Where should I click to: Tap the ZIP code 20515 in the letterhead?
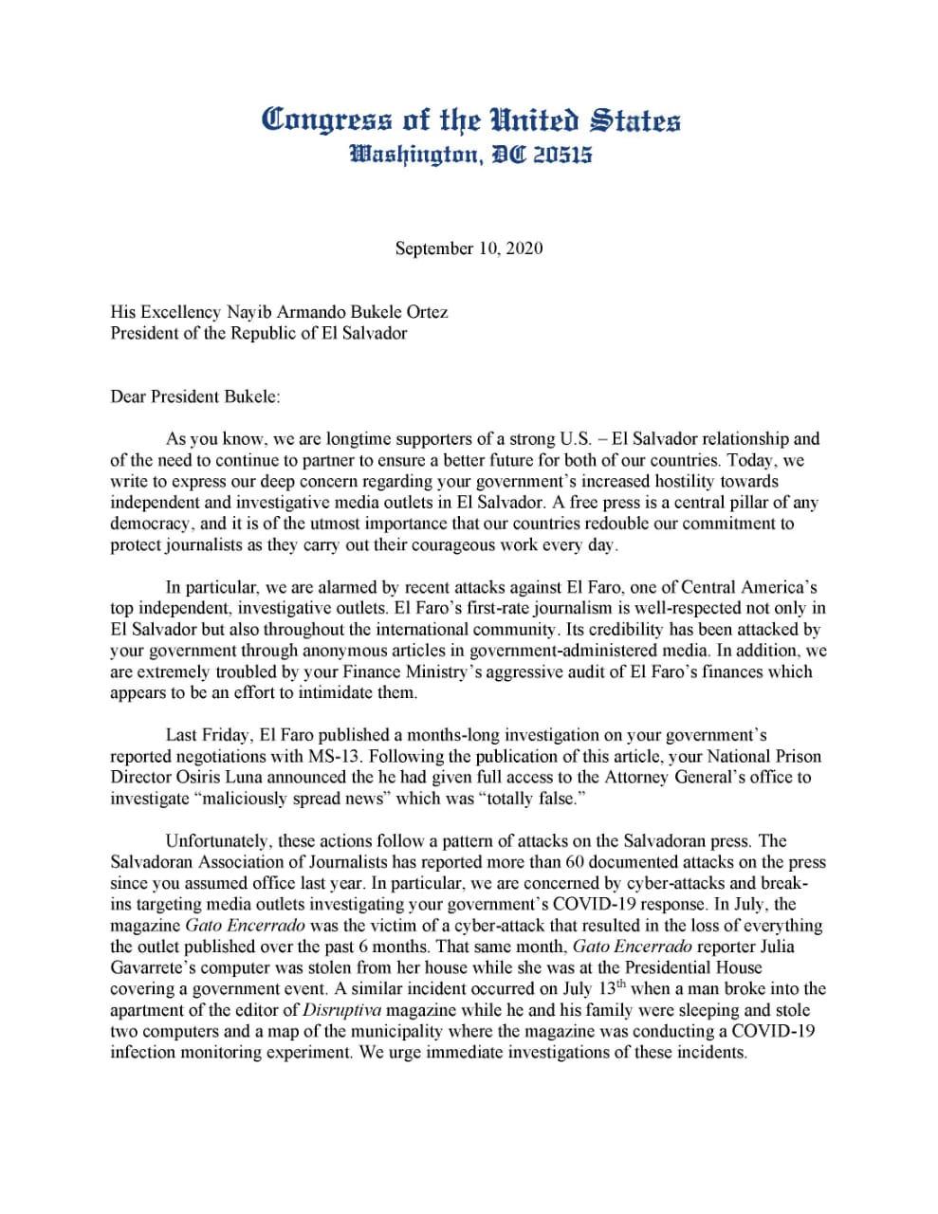point(561,155)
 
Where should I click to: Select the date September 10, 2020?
point(469,248)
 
